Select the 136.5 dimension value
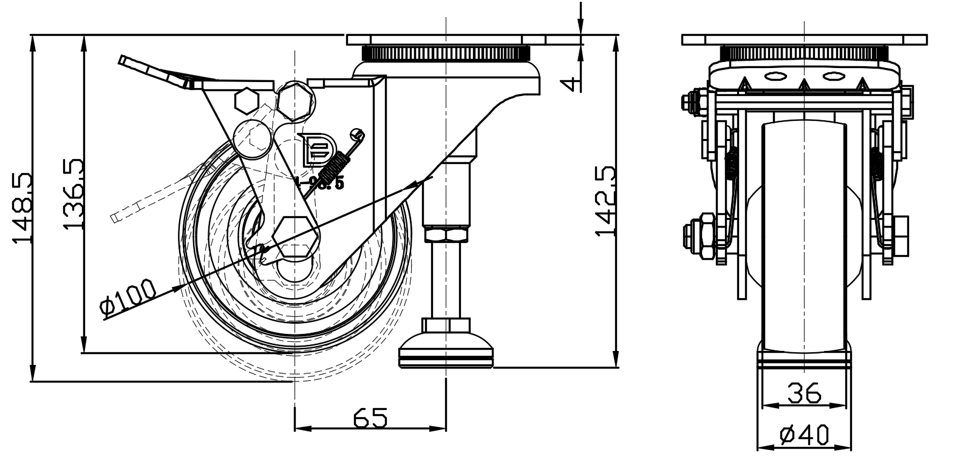[73, 194]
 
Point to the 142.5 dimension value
[607, 200]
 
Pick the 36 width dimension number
[804, 394]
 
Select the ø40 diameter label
[804, 435]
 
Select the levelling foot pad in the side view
[446, 352]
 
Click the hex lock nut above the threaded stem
[446, 234]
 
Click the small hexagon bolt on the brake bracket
[246, 101]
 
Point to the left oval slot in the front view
[775, 77]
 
